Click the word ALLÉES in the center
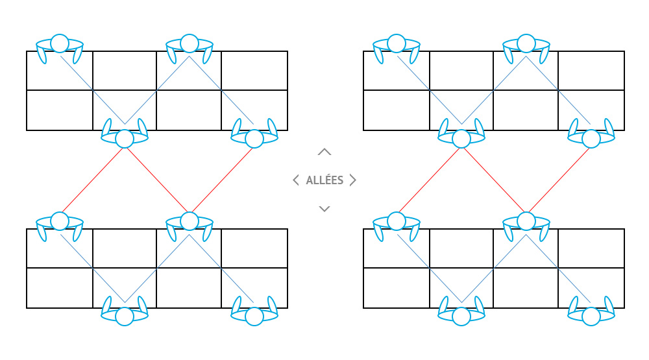pyautogui.click(x=324, y=180)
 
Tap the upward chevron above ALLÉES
pyautogui.click(x=324, y=152)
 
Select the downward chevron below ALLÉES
pyautogui.click(x=324, y=208)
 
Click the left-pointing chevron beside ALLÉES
pyautogui.click(x=296, y=180)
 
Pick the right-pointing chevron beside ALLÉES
pyautogui.click(x=353, y=180)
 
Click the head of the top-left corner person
pyautogui.click(x=60, y=43)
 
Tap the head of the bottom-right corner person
pyautogui.click(x=591, y=317)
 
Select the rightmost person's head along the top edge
pyautogui.click(x=526, y=43)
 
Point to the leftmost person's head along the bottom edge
pyautogui.click(x=125, y=317)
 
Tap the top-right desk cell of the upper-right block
pyautogui.click(x=591, y=71)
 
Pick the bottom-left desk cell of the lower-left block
pyautogui.click(x=60, y=288)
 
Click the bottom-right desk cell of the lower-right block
pyautogui.click(x=591, y=288)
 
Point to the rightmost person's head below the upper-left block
pyautogui.click(x=254, y=139)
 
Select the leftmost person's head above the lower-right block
pyautogui.click(x=397, y=221)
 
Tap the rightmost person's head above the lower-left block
pyautogui.click(x=190, y=221)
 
